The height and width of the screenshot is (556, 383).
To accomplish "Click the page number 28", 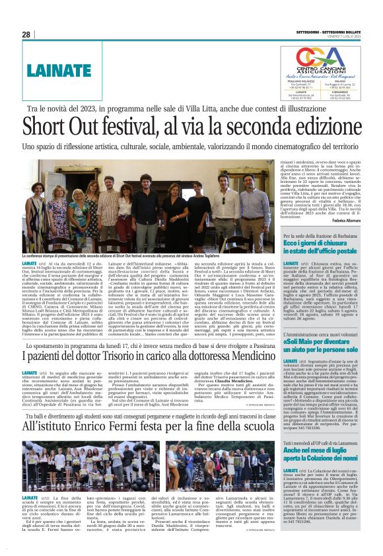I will [26, 34].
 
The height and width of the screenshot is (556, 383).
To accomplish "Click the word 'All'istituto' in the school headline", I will [43, 431].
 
